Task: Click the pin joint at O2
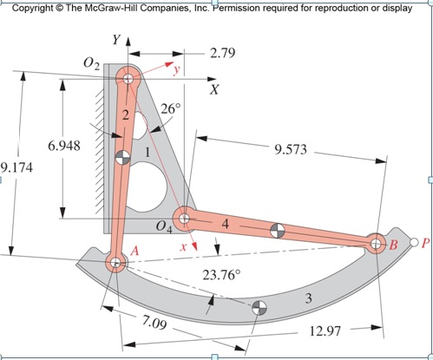pos(128,79)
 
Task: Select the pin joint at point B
pos(376,244)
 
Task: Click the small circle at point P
pos(414,243)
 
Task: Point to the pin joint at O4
pos(182,217)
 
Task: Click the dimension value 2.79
pos(227,54)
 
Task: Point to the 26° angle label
pos(170,109)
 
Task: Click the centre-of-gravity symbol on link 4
pos(277,232)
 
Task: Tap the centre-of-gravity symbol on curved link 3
pos(258,308)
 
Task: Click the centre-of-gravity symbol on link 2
pos(122,157)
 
